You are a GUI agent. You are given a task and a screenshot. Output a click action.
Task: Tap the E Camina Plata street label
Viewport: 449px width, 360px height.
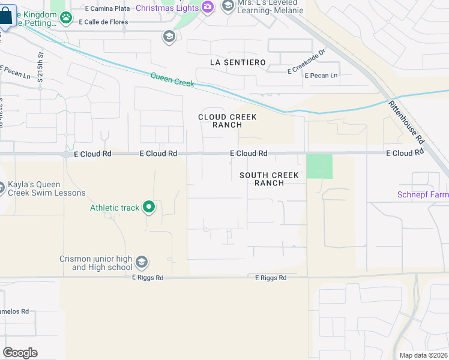pos(109,9)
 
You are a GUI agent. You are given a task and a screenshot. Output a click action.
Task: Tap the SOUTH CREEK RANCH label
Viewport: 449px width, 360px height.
pos(269,179)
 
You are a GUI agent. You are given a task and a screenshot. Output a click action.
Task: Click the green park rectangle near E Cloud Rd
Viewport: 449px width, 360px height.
pos(319,166)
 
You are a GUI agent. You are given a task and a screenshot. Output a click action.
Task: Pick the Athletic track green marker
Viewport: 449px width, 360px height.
pos(149,208)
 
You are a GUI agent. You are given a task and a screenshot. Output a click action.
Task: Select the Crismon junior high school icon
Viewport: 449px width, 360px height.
pos(142,262)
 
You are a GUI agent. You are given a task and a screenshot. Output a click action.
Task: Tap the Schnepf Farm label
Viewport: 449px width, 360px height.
pos(423,194)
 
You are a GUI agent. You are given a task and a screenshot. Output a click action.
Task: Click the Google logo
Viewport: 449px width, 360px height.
pos(20,353)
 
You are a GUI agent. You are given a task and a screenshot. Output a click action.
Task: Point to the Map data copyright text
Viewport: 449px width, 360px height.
pos(424,355)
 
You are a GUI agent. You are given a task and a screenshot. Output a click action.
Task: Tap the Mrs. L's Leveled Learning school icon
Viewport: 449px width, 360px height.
pos(228,7)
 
